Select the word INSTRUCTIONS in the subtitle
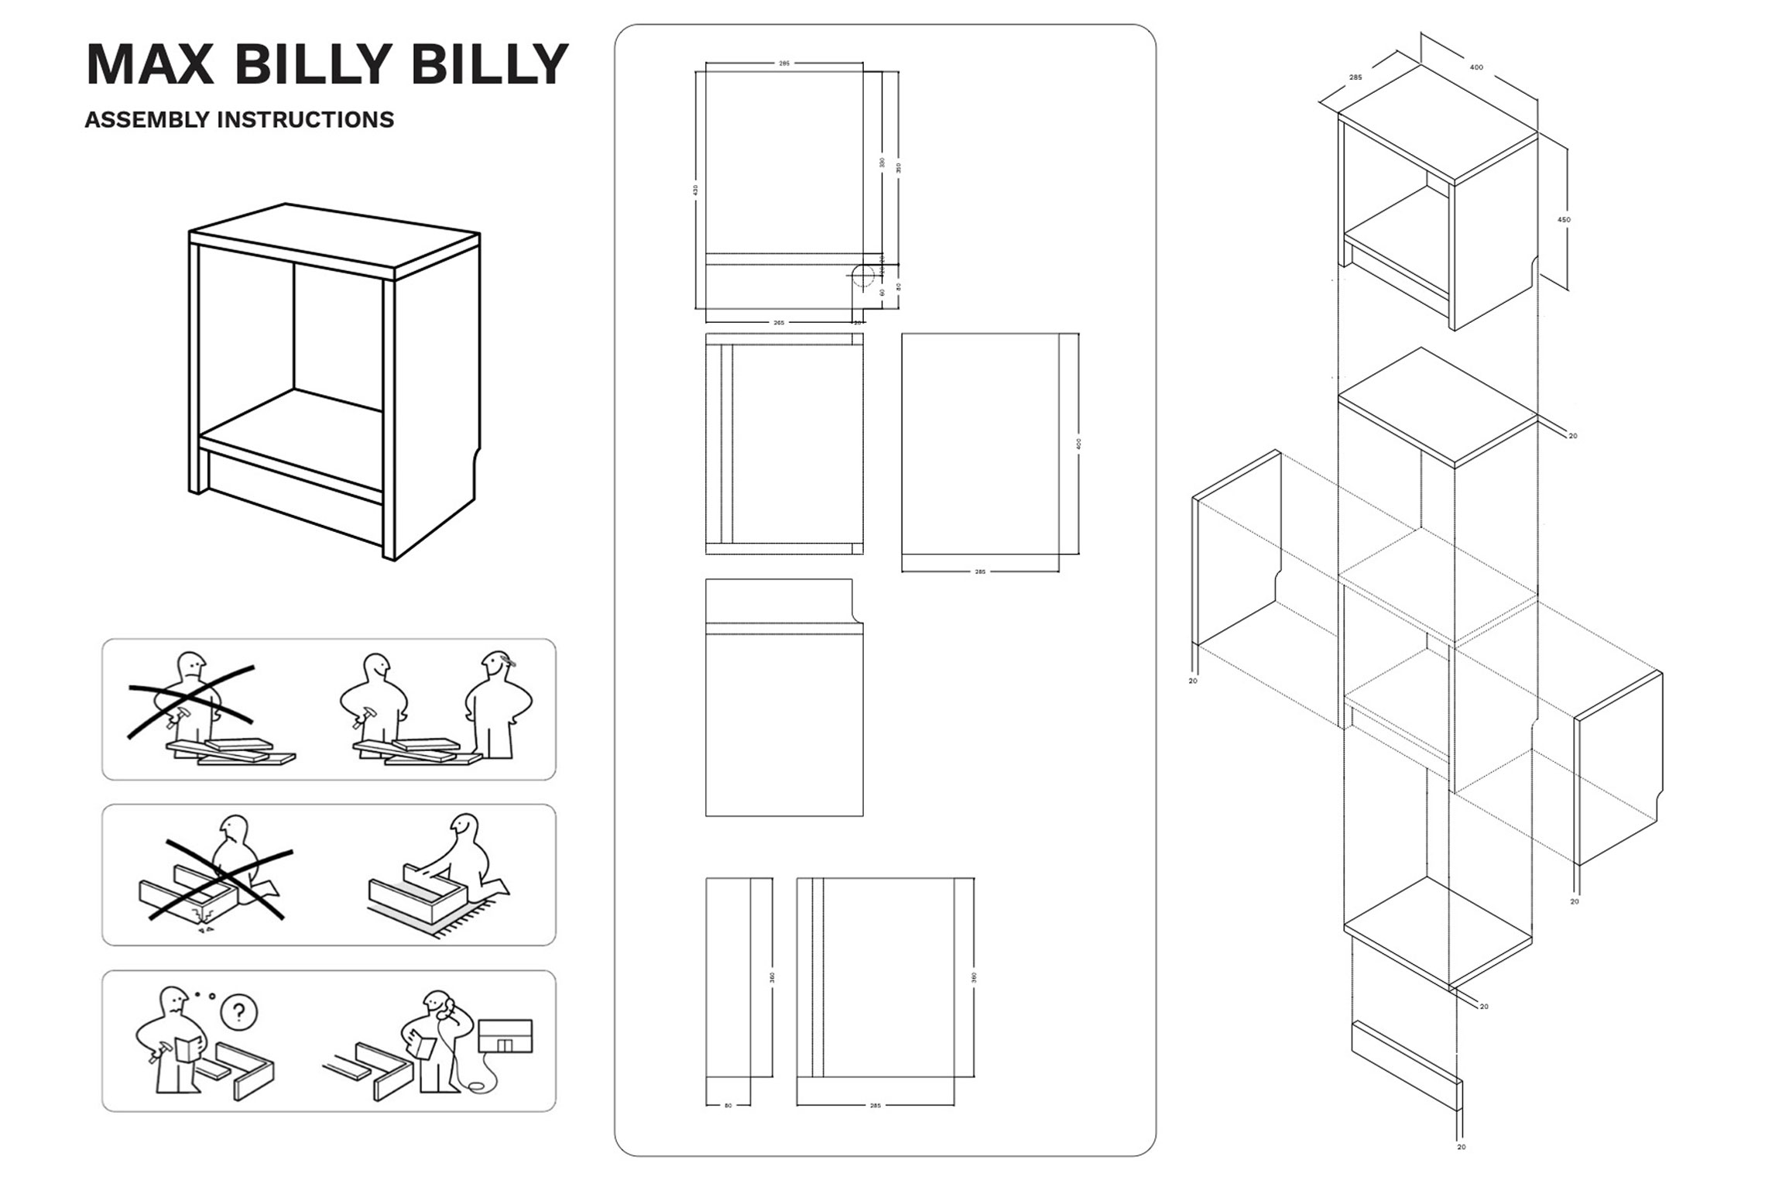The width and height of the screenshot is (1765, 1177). (306, 120)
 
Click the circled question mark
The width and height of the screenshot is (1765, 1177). (239, 1011)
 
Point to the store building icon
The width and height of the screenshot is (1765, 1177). (506, 1036)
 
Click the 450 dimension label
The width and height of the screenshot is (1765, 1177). (1564, 220)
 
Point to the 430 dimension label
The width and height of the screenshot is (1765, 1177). (696, 189)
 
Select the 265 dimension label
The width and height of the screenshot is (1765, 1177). (779, 323)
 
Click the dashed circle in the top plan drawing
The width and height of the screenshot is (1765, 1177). (864, 275)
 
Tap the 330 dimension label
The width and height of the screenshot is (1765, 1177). (882, 163)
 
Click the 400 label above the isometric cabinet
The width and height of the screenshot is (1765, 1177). (1476, 67)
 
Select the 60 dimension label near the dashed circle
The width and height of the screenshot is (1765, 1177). (882, 292)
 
